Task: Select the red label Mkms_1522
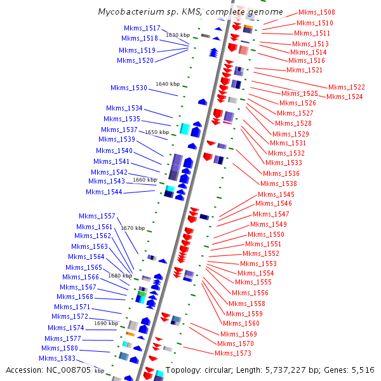[x=347, y=87]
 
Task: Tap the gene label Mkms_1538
[x=280, y=184]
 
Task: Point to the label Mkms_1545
[x=276, y=194]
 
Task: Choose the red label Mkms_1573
[x=233, y=353]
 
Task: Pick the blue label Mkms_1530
[x=129, y=88]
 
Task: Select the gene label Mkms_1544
[x=104, y=192]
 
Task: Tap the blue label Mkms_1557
[x=97, y=216]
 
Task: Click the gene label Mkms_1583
[x=58, y=358]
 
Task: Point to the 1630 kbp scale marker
[x=177, y=35]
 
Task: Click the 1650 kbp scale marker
[x=157, y=132]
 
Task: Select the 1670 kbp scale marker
[x=133, y=228]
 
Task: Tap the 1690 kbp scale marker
[x=106, y=323]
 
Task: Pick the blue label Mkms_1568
[x=75, y=297]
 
